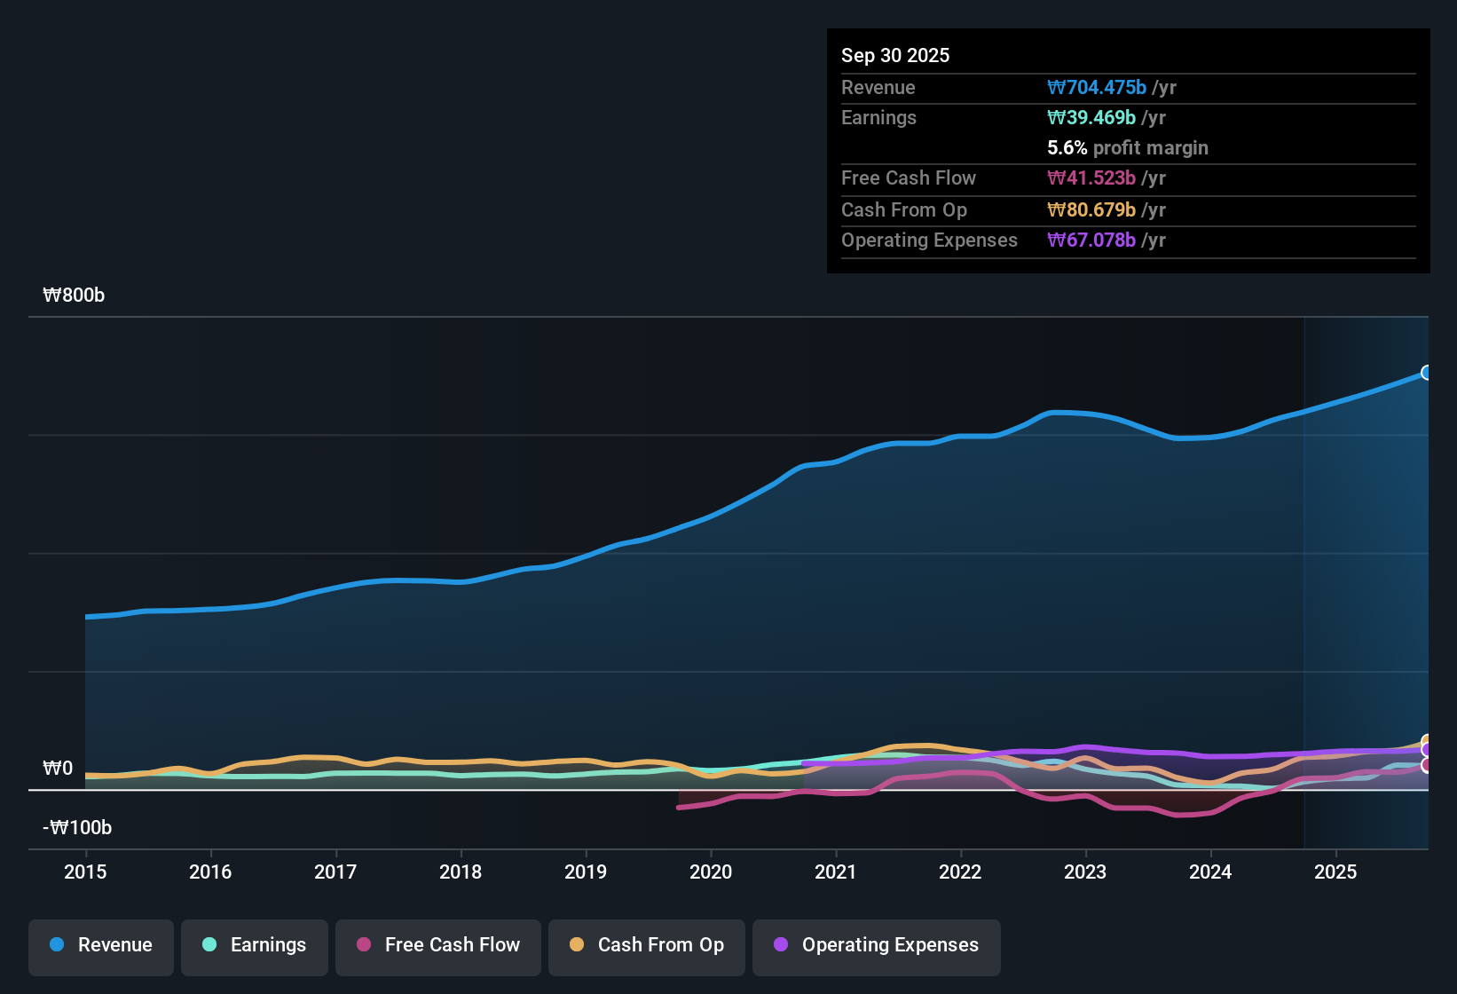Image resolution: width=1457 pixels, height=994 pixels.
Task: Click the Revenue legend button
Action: coord(101,945)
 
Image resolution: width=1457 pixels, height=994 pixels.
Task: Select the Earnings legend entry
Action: coord(255,945)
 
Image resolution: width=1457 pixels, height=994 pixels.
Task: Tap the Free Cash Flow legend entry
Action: coord(438,945)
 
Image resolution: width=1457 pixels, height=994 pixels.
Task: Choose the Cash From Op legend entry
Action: coord(647,945)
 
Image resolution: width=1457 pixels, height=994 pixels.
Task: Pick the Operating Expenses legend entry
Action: coord(877,945)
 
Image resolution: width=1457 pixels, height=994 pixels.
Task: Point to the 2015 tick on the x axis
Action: coord(85,872)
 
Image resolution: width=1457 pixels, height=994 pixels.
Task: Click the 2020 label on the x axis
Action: coord(711,872)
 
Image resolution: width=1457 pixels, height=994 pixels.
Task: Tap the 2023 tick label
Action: coord(1085,872)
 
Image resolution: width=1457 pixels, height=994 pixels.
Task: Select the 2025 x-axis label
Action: coord(1335,872)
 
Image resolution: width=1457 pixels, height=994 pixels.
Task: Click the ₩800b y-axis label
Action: coord(74,296)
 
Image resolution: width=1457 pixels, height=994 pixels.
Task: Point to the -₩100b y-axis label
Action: coord(77,828)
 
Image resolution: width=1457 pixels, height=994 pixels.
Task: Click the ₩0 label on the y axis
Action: coord(59,769)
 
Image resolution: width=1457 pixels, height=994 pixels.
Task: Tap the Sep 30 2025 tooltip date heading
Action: coord(895,55)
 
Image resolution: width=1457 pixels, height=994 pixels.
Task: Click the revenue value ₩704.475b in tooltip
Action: coord(1097,87)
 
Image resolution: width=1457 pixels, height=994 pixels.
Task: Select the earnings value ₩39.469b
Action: coord(1091,118)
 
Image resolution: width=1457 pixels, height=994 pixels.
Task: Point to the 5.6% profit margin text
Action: coord(1127,148)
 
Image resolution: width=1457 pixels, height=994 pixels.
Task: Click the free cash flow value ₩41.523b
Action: coord(1091,178)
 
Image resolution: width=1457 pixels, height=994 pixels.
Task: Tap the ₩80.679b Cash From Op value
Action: coord(1091,210)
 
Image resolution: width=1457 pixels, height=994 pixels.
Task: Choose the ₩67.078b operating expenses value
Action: coord(1091,241)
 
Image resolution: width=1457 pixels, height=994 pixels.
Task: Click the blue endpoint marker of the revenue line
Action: coord(1426,373)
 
